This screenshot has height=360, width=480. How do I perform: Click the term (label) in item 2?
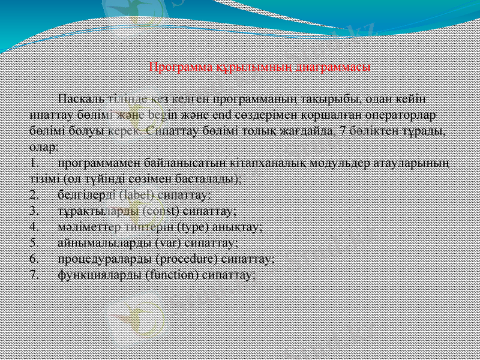(x=136, y=195)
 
